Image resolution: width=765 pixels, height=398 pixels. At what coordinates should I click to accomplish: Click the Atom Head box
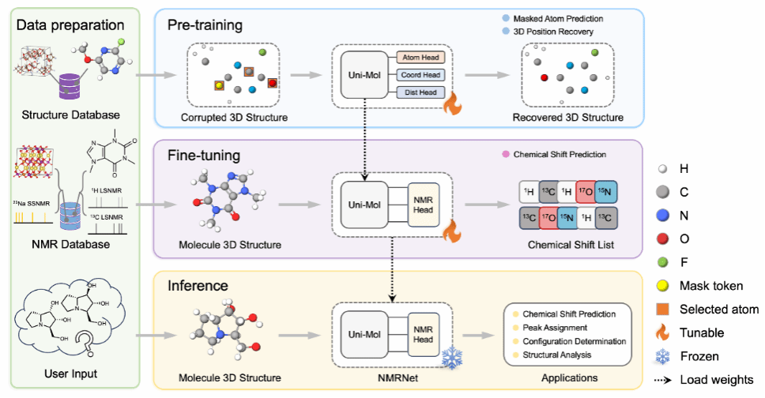(421, 57)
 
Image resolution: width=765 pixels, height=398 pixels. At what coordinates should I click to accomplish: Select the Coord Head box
(421, 75)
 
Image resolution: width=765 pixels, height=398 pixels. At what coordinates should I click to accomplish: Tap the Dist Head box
(421, 92)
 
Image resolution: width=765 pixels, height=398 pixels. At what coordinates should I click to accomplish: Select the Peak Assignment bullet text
(555, 326)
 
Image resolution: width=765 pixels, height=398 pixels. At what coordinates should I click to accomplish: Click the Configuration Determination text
(575, 340)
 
